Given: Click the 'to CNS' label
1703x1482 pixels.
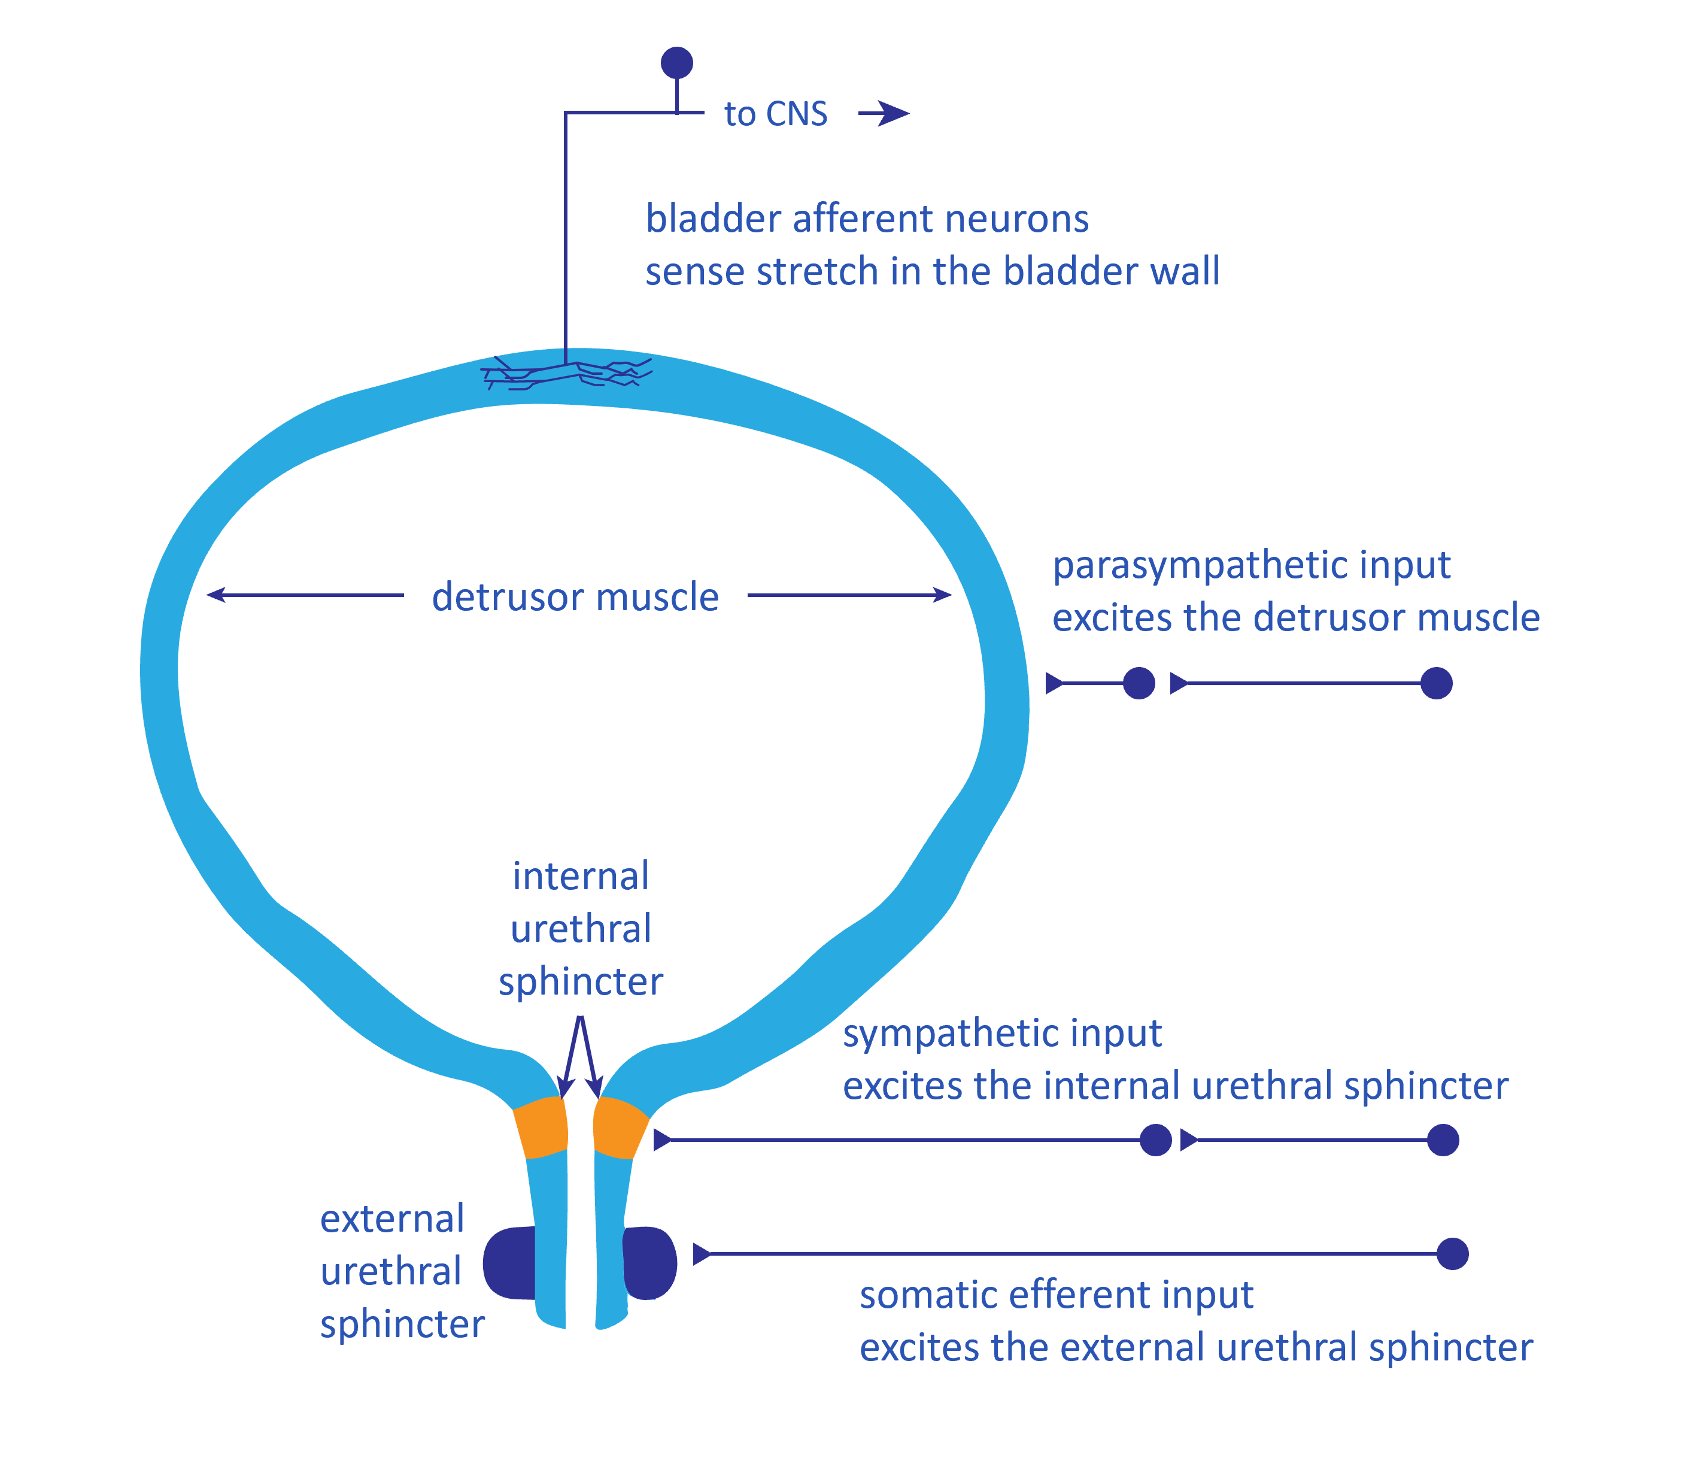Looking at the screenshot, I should coord(775,114).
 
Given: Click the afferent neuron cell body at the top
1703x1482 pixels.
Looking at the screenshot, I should coord(676,63).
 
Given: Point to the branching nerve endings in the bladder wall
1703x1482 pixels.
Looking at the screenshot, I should coord(567,373).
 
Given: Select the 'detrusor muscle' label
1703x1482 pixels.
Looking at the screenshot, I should coord(575,596).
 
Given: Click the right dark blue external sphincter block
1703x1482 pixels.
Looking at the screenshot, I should coord(649,1263).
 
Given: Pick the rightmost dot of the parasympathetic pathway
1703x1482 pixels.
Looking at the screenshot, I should coord(1436,683).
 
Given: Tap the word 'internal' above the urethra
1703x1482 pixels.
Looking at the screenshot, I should coord(581,876).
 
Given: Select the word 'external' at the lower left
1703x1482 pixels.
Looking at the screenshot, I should coord(392,1219).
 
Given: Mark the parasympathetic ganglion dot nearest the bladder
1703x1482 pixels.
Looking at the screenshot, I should coord(1139,683).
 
